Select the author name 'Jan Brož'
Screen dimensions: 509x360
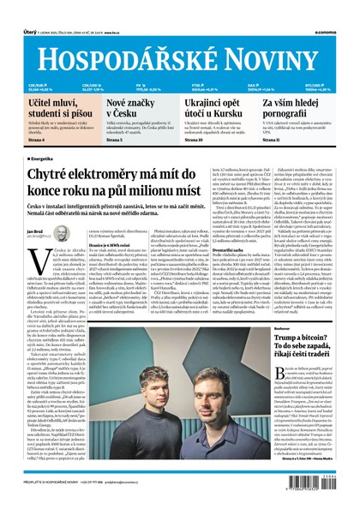(34, 233)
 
